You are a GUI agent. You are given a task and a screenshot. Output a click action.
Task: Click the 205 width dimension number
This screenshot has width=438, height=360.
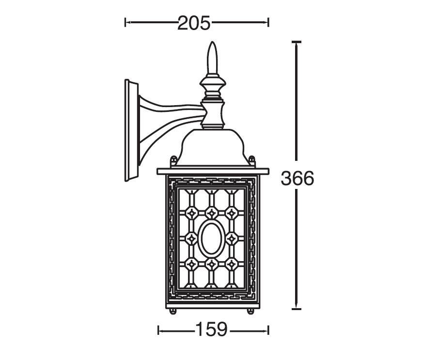[x=194, y=23]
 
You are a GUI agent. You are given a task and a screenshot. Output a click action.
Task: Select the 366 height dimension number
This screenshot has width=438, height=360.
[x=297, y=178]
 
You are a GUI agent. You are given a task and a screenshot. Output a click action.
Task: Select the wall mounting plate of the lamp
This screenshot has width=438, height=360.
[x=131, y=130]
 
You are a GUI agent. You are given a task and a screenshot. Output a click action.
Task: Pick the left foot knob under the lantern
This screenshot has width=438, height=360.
[x=173, y=312]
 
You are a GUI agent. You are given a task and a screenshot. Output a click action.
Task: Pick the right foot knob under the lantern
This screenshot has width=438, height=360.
[x=250, y=312]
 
